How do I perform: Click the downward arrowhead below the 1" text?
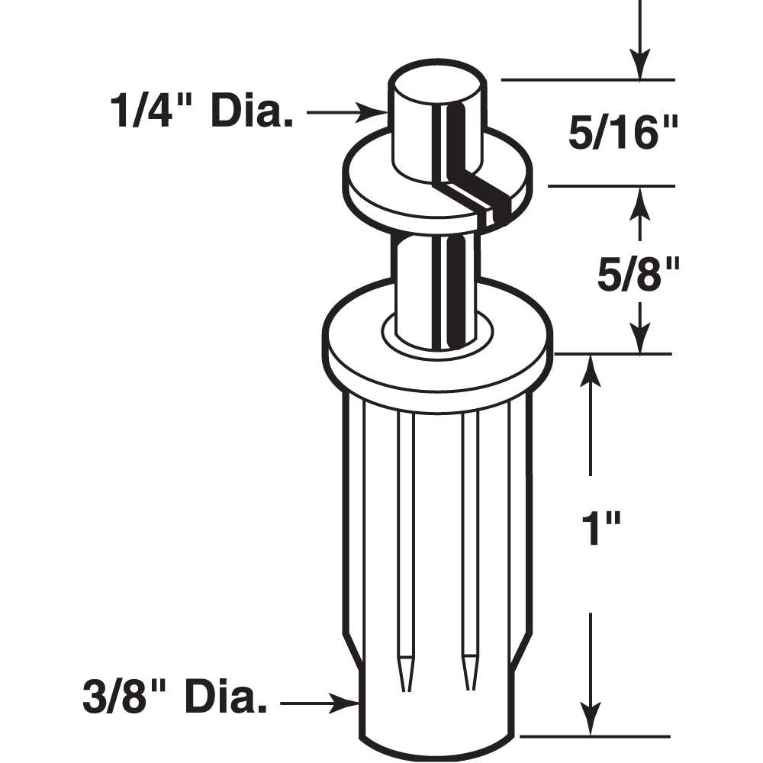[x=588, y=722]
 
